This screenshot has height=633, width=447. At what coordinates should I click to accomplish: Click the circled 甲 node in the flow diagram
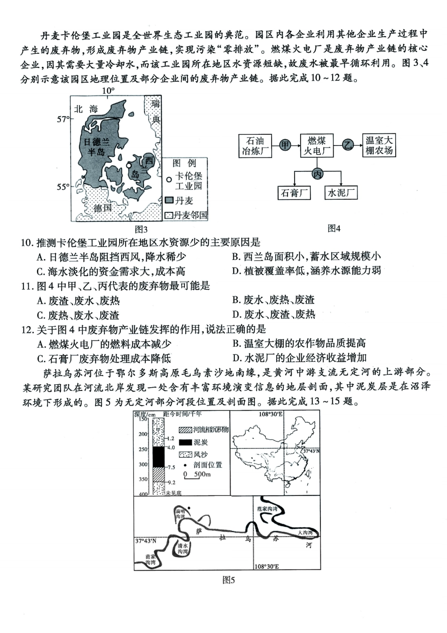[x=285, y=145]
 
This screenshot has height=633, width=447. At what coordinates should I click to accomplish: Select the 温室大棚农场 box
[x=379, y=146]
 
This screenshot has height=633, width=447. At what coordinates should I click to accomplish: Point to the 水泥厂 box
[x=341, y=193]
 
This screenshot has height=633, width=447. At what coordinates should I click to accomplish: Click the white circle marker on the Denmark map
[x=129, y=165]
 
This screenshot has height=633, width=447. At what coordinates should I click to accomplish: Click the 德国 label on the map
[x=103, y=208]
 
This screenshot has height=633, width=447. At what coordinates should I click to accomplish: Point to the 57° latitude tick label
[x=63, y=120]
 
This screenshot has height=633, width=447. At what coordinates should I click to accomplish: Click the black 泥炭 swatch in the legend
[x=185, y=442]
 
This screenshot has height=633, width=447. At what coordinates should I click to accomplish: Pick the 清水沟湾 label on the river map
[x=183, y=548]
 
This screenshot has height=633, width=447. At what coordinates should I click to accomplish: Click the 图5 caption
[x=228, y=580]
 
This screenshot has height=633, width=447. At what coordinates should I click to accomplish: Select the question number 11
[x=26, y=286]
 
